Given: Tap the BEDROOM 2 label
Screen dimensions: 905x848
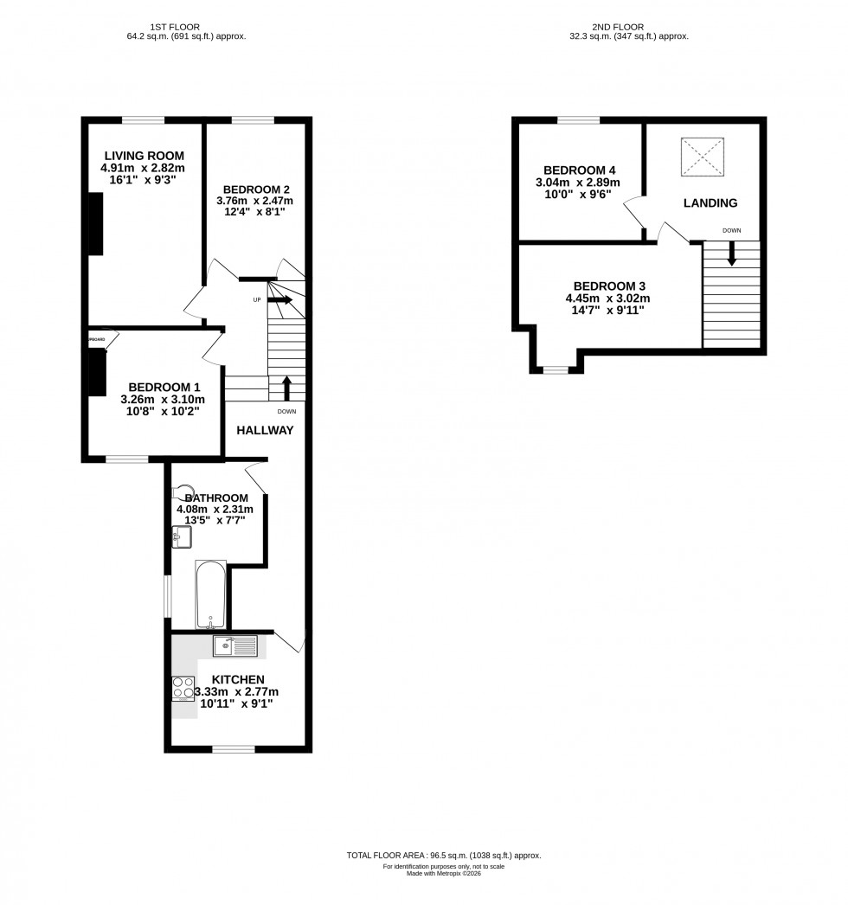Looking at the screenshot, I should pyautogui.click(x=255, y=189).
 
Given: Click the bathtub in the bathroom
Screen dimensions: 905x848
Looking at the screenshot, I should pyautogui.click(x=211, y=595).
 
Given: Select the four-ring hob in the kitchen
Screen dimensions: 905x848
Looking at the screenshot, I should pyautogui.click(x=183, y=687).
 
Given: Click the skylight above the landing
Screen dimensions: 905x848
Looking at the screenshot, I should pyautogui.click(x=702, y=157).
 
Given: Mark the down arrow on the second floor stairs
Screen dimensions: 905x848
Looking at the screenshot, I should pyautogui.click(x=732, y=254).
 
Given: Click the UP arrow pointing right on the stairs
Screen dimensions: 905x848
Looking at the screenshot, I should pyautogui.click(x=280, y=300).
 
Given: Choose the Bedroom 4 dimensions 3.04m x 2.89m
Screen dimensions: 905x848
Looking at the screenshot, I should pyautogui.click(x=579, y=183).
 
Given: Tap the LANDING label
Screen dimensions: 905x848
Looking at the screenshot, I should pyautogui.click(x=710, y=203).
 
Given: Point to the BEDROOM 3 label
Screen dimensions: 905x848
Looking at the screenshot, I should pyautogui.click(x=609, y=286).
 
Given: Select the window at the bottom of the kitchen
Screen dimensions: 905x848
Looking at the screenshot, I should pyautogui.click(x=233, y=748).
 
